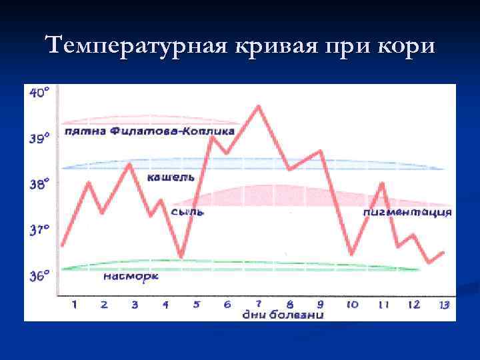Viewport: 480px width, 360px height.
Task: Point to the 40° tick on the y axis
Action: coord(39,93)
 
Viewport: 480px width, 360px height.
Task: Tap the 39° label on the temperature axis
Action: coord(39,139)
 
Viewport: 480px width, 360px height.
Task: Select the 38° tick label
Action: coord(39,184)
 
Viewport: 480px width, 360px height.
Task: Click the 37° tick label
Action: coord(39,230)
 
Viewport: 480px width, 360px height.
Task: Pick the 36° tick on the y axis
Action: coord(39,275)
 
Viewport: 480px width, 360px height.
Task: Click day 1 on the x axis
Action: coord(74,305)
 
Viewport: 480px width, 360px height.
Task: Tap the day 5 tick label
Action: coord(197,305)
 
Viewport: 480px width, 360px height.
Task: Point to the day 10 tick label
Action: coord(352,305)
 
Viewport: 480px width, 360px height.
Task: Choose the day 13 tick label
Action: coord(444,305)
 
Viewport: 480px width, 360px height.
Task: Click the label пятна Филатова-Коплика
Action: coord(149,131)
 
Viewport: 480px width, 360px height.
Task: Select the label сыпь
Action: coord(187,212)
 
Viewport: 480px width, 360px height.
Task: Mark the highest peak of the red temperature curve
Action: coord(257,106)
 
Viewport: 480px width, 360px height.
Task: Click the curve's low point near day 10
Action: coord(351,254)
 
